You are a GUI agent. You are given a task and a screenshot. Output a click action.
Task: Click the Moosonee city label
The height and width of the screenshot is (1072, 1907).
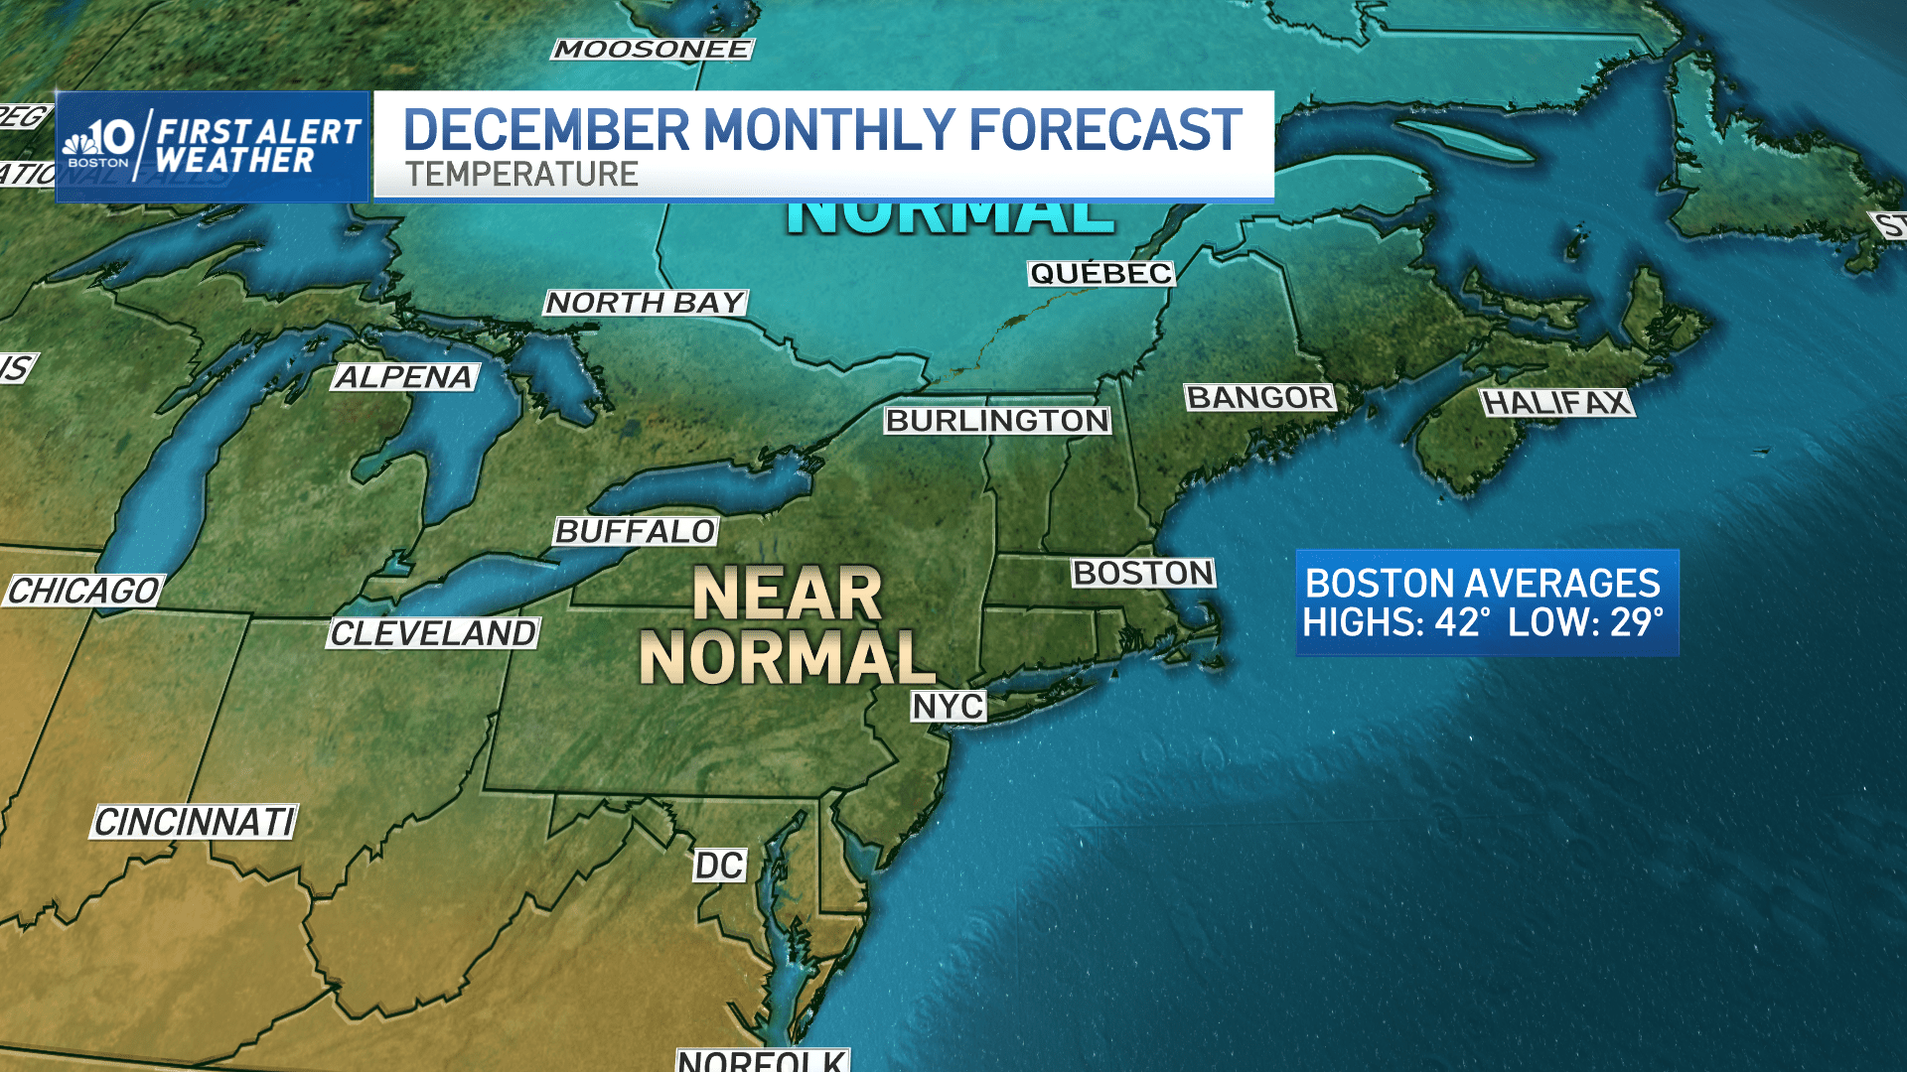(x=652, y=50)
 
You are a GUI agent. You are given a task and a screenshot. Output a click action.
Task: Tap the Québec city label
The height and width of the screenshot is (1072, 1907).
(x=1100, y=274)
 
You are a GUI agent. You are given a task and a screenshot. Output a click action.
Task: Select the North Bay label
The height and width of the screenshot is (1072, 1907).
(x=646, y=303)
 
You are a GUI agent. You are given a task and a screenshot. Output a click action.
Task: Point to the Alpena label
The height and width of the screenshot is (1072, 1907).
(x=404, y=377)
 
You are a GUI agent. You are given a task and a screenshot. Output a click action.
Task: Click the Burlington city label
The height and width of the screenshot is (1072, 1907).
(x=997, y=421)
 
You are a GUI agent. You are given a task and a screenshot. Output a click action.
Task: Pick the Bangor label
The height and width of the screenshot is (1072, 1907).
(x=1259, y=398)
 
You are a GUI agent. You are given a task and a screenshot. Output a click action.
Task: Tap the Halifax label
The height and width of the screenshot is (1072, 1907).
(x=1555, y=403)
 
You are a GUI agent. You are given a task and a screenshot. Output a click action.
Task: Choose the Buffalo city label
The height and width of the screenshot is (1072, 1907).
(x=636, y=532)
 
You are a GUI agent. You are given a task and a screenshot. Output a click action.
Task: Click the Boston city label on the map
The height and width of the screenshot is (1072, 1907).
(x=1143, y=574)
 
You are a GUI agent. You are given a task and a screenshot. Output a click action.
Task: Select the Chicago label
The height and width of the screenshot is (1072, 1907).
(x=84, y=592)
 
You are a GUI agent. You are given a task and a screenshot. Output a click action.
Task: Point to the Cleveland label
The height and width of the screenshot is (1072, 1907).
(x=433, y=633)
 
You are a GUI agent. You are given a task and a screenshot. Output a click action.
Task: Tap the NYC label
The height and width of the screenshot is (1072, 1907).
(x=949, y=707)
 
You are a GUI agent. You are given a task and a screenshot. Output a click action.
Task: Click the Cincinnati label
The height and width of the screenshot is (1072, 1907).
(x=195, y=823)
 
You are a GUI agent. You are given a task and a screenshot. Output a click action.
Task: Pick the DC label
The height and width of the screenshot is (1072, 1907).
(x=719, y=866)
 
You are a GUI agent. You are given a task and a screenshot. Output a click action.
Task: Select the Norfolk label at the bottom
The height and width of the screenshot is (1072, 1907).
(x=762, y=1060)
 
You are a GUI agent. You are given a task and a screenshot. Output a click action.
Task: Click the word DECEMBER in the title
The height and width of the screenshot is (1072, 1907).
(x=546, y=131)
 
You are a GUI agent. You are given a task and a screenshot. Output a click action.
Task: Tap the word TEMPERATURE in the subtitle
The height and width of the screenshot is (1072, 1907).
(x=521, y=175)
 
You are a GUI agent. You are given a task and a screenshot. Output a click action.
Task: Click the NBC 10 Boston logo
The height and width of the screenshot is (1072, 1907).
(x=99, y=145)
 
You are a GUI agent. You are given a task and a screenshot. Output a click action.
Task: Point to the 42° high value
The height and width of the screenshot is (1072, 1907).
(x=1462, y=623)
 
